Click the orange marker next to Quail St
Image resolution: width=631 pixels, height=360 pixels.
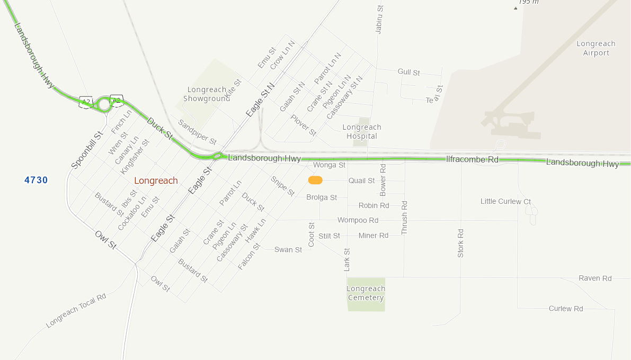click(315, 181)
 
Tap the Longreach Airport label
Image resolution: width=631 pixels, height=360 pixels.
click(596, 48)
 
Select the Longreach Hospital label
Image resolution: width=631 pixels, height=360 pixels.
click(362, 131)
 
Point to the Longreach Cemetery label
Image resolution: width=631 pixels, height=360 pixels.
click(366, 293)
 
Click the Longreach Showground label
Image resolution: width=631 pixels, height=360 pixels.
click(207, 94)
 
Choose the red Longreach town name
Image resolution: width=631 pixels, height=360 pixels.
click(156, 181)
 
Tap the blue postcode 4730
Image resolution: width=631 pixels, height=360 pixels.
click(36, 180)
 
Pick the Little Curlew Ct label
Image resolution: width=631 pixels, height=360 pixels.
click(505, 201)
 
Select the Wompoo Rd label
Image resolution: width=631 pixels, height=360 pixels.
click(358, 220)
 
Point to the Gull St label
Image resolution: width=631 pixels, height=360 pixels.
click(408, 72)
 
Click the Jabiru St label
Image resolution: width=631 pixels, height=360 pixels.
click(379, 20)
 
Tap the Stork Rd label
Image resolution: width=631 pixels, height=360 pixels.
click(460, 243)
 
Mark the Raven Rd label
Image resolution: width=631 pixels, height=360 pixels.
click(595, 278)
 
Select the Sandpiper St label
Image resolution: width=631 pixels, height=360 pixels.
click(197, 132)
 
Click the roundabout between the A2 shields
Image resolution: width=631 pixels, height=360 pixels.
click(104, 104)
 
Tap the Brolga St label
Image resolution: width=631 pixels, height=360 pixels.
click(322, 197)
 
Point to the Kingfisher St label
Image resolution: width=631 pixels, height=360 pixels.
click(135, 156)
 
